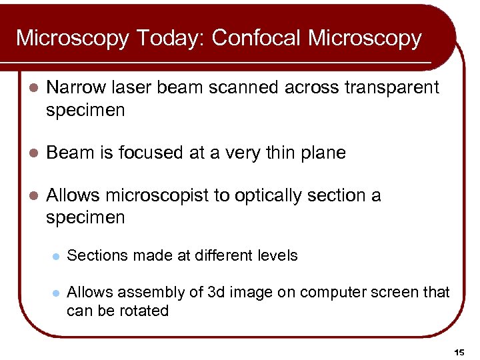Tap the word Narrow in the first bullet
tap(77, 87)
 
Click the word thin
tap(270, 153)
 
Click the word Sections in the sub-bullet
tap(94, 255)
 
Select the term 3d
tap(223, 292)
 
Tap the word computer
tap(332, 293)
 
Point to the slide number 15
tap(459, 351)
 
